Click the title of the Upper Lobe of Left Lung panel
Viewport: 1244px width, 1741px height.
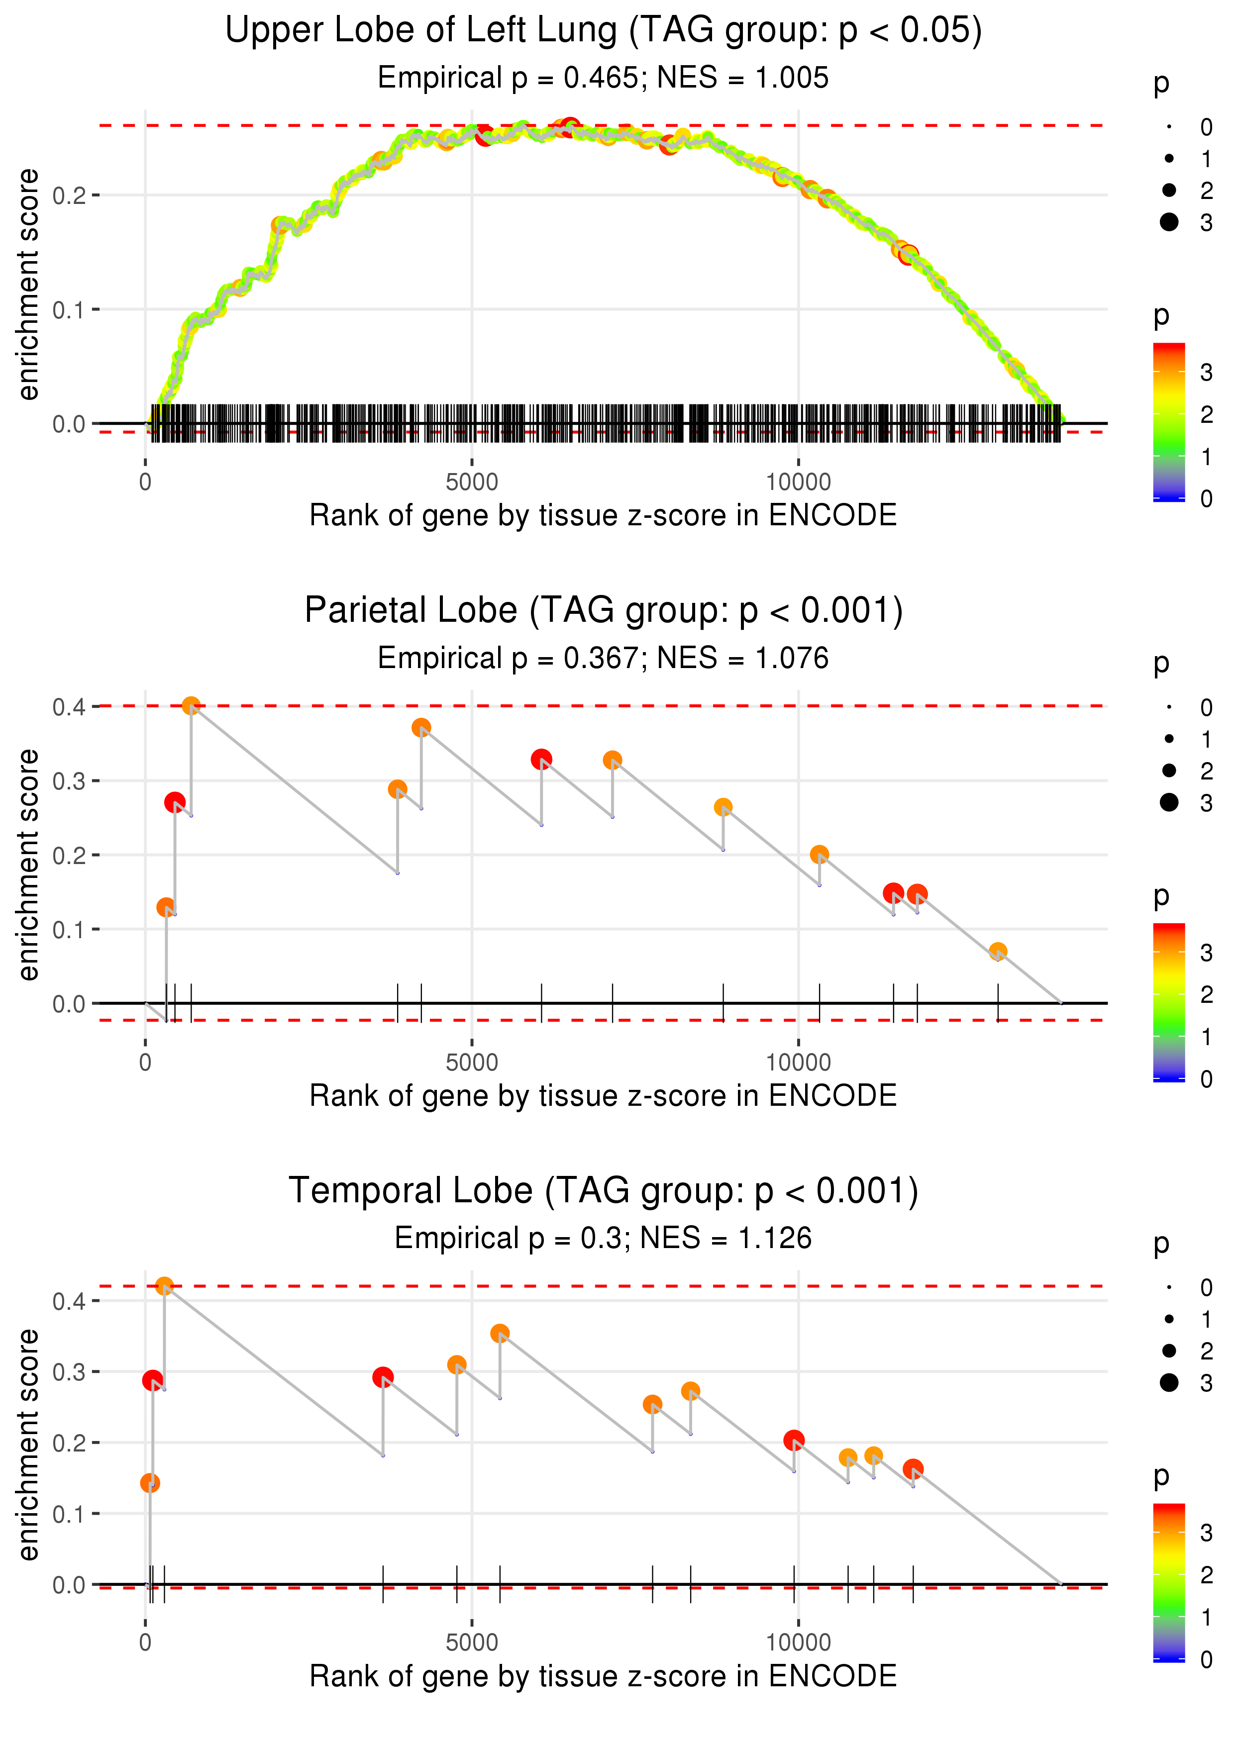point(603,31)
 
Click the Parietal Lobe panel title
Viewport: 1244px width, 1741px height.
point(603,610)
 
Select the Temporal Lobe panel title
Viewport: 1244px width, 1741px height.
point(603,1190)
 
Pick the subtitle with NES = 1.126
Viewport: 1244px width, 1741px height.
point(603,1238)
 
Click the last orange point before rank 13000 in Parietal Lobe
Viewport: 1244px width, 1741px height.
point(997,952)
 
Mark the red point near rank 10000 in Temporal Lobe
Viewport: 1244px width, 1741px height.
point(794,1440)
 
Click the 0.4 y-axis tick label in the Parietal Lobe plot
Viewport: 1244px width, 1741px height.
point(69,707)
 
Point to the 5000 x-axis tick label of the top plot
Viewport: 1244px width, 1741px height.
point(472,483)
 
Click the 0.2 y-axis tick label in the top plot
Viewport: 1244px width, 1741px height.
point(69,195)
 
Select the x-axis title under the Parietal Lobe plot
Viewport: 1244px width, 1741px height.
point(603,1096)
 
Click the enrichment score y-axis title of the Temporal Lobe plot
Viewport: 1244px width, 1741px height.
point(28,1445)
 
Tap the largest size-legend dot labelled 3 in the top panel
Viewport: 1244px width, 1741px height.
point(1169,222)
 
